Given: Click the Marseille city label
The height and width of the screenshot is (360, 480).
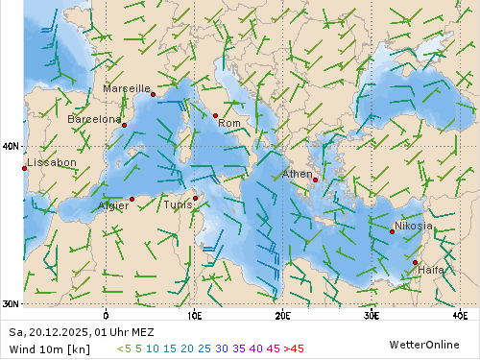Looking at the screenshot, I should tap(127, 88).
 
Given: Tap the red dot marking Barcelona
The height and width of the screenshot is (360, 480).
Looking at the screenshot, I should tap(124, 126).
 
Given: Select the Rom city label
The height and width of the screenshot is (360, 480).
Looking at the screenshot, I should tap(228, 123).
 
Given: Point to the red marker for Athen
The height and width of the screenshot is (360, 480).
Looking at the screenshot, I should tap(315, 180).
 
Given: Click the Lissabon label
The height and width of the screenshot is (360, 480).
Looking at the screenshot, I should tap(52, 163).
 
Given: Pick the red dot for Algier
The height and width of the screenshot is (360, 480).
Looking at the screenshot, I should tap(132, 200).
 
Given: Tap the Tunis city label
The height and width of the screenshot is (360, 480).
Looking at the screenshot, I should tap(178, 204).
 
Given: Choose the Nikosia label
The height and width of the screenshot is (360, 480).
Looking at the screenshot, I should tap(413, 227).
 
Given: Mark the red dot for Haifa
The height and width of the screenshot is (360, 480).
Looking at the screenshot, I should tap(415, 262).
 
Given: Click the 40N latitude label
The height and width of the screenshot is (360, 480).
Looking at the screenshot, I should tap(11, 147).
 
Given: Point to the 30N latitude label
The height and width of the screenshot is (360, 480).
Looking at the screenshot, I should tap(11, 304).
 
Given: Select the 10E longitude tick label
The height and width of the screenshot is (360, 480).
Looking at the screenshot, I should tap(194, 314).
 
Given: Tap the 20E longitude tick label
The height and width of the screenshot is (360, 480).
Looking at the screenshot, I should tap(282, 314).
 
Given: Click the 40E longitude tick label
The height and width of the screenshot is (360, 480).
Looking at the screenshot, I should tap(460, 314).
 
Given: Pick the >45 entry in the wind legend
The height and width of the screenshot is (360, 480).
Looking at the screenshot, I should tap(292, 348).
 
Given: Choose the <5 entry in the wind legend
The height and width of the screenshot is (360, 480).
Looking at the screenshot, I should tap(124, 348).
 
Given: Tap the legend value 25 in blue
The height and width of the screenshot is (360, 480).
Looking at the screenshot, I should tap(204, 348).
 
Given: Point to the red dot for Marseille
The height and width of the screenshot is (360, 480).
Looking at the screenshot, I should tap(153, 94).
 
